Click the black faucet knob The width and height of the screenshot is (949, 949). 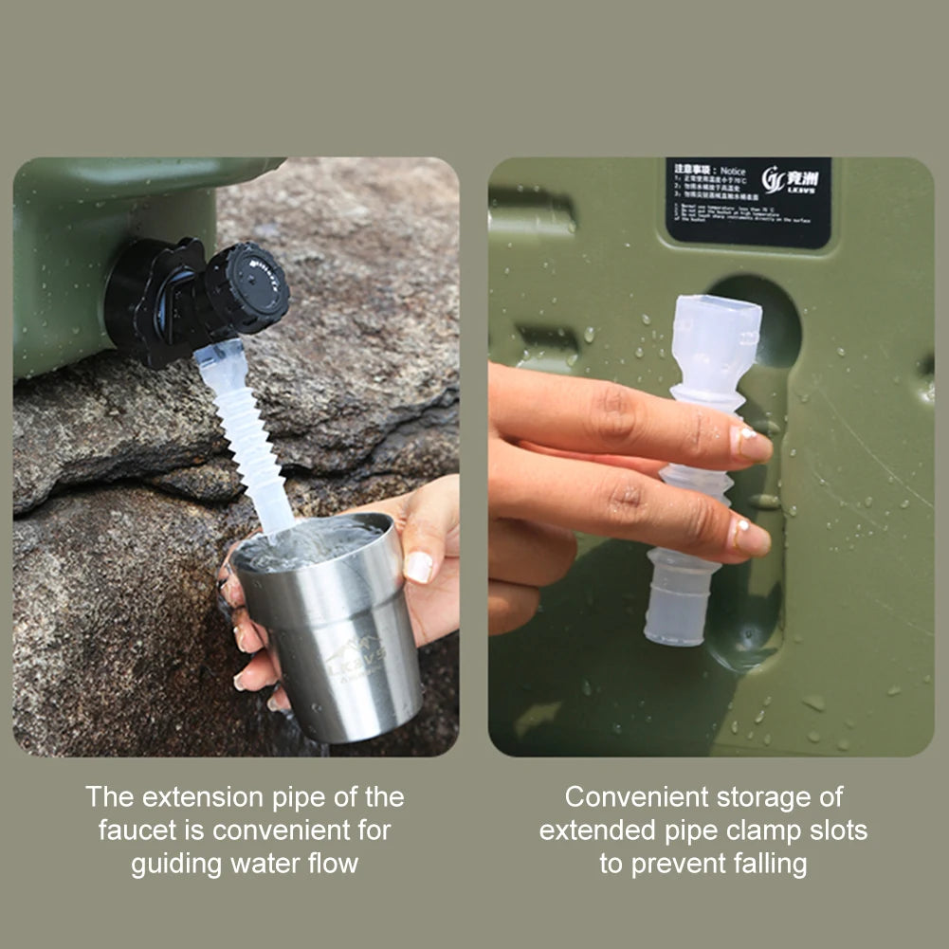[248, 287]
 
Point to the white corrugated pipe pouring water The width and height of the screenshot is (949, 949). [249, 446]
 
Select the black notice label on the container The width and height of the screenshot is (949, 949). [748, 202]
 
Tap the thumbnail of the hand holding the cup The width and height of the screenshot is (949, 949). [419, 566]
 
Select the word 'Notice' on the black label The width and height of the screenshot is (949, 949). [733, 171]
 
